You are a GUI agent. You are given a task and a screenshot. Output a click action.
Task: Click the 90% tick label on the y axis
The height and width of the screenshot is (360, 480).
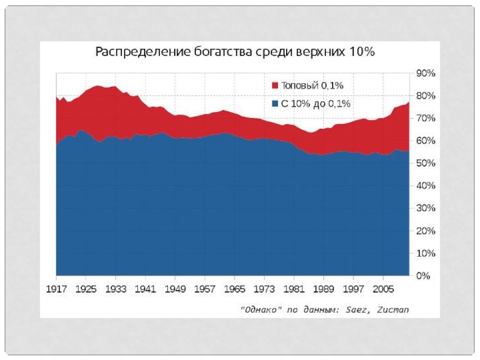426,73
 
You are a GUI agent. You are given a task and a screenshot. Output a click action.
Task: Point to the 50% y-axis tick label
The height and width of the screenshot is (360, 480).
426,163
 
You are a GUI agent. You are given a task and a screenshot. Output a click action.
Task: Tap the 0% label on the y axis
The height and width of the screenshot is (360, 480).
424,276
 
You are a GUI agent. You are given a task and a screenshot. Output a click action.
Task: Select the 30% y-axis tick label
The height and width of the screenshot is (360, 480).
426,208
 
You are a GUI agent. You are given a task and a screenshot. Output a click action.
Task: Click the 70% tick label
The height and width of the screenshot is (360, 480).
426,118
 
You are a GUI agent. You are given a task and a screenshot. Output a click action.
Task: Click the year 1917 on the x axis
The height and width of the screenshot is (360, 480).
57,289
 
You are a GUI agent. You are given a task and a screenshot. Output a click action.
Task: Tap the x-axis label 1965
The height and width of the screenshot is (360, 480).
234,289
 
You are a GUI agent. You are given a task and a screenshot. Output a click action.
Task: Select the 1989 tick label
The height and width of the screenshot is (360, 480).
323,289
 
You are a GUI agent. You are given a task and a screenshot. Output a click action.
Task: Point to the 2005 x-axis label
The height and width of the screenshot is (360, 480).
382,289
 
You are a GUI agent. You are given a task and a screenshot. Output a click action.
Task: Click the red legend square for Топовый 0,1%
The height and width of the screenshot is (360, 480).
275,86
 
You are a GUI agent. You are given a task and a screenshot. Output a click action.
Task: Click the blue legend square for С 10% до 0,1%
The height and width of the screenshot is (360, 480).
275,104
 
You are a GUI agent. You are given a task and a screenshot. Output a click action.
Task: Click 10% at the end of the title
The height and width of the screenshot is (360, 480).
363,52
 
